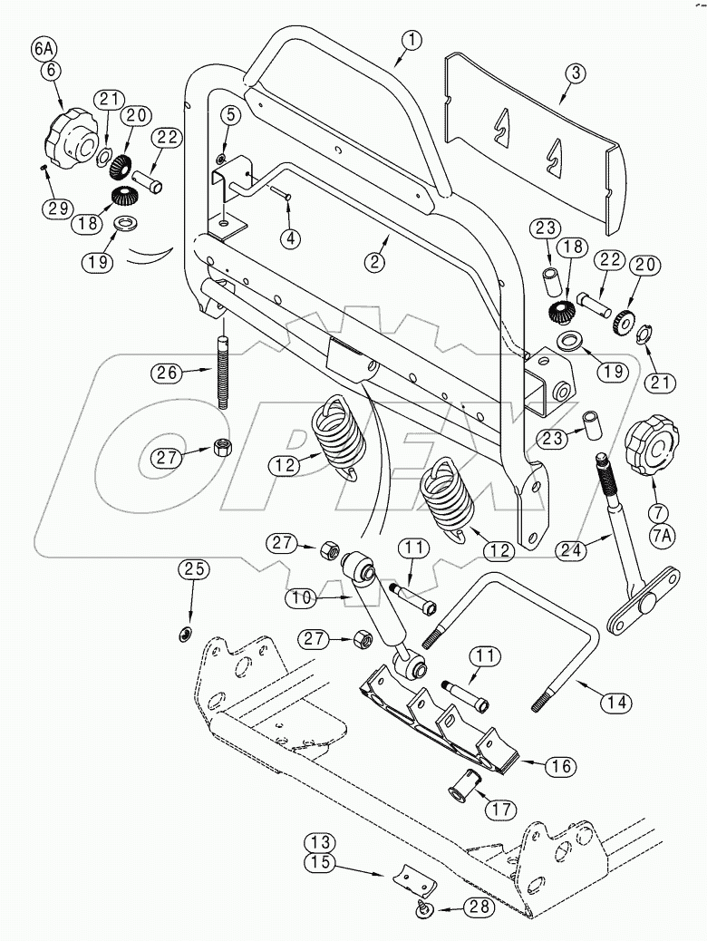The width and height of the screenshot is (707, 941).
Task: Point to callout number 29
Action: tap(57, 207)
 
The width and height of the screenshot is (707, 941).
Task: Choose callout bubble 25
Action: tap(196, 569)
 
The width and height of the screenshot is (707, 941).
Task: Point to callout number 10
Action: tap(300, 598)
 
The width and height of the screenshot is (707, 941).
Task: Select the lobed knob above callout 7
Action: tap(652, 444)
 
